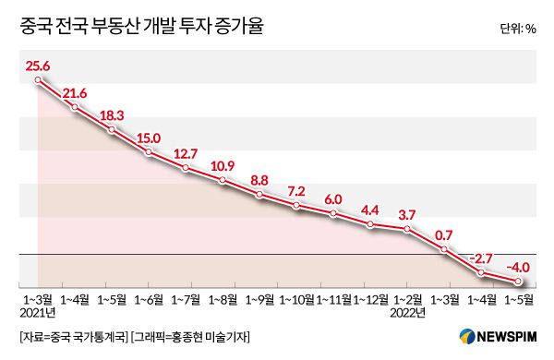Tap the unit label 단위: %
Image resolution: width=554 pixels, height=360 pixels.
coord(517,29)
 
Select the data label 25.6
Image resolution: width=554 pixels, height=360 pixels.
coord(38,66)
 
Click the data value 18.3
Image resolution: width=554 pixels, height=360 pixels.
coord(113,114)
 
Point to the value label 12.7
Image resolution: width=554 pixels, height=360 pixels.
coord(186,153)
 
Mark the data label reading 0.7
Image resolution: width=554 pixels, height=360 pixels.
coord(444,234)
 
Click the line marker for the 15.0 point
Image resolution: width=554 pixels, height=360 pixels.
coord(149,151)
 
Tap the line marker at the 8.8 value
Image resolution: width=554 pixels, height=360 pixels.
coord(259,195)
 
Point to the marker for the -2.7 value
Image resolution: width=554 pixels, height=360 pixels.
coord(481,273)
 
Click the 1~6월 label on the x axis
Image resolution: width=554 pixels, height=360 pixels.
coord(149,300)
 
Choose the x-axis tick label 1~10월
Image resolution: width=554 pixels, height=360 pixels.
coord(296,300)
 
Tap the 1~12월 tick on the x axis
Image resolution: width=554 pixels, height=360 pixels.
coord(370,300)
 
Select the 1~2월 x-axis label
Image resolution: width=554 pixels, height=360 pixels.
coord(407,300)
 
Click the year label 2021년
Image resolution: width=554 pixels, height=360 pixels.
coord(38,314)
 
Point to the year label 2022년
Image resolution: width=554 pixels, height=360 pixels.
coord(407,314)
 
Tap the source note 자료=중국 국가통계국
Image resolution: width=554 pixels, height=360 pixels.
coord(73,336)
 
